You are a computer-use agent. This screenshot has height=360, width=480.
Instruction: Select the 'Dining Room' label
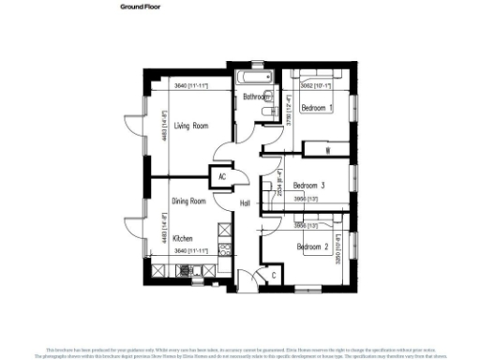[188, 202]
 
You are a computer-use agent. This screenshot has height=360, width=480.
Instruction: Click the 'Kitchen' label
[182, 238]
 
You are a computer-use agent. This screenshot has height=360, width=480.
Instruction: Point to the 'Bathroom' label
[257, 97]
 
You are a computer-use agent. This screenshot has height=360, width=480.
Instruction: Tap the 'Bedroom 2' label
[313, 247]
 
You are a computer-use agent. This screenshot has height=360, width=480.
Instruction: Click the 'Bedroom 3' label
[308, 186]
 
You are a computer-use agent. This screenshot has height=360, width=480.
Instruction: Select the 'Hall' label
[246, 203]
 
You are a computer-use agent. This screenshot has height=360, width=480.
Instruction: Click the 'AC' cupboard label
[222, 175]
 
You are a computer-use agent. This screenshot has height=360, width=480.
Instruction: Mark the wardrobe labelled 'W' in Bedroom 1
[327, 150]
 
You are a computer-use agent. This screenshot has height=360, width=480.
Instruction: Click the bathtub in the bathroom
[251, 75]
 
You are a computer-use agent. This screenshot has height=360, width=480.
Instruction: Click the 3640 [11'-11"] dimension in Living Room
[190, 86]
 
